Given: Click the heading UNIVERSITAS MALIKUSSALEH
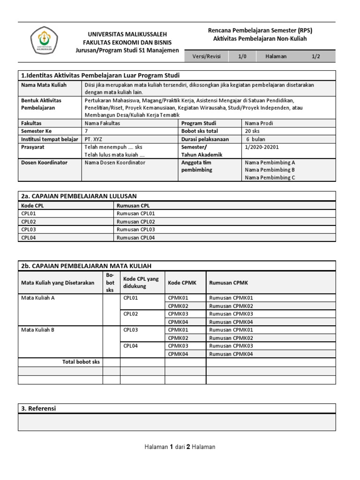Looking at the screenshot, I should click(x=128, y=34).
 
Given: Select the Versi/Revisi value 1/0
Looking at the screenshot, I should click(x=242, y=56).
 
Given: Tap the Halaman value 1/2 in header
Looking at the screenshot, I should click(x=316, y=56).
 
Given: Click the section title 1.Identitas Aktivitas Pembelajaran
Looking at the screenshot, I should click(x=101, y=75).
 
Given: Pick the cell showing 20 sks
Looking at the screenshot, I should click(x=253, y=131).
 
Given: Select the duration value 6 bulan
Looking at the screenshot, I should click(x=256, y=139).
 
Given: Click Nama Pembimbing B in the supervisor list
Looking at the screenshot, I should click(x=270, y=170).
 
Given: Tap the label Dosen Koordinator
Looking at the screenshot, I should click(x=45, y=162).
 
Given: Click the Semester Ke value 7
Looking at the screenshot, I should click(x=86, y=131).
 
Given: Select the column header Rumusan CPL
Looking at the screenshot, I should click(x=133, y=205).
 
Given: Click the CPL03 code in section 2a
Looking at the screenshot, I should click(x=29, y=229).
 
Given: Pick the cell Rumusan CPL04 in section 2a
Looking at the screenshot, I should click(x=136, y=238).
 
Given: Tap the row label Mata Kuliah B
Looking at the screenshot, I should click(x=38, y=330).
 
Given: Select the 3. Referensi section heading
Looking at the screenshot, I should click(x=38, y=408).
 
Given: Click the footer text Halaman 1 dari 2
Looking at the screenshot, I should click(x=180, y=447).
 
